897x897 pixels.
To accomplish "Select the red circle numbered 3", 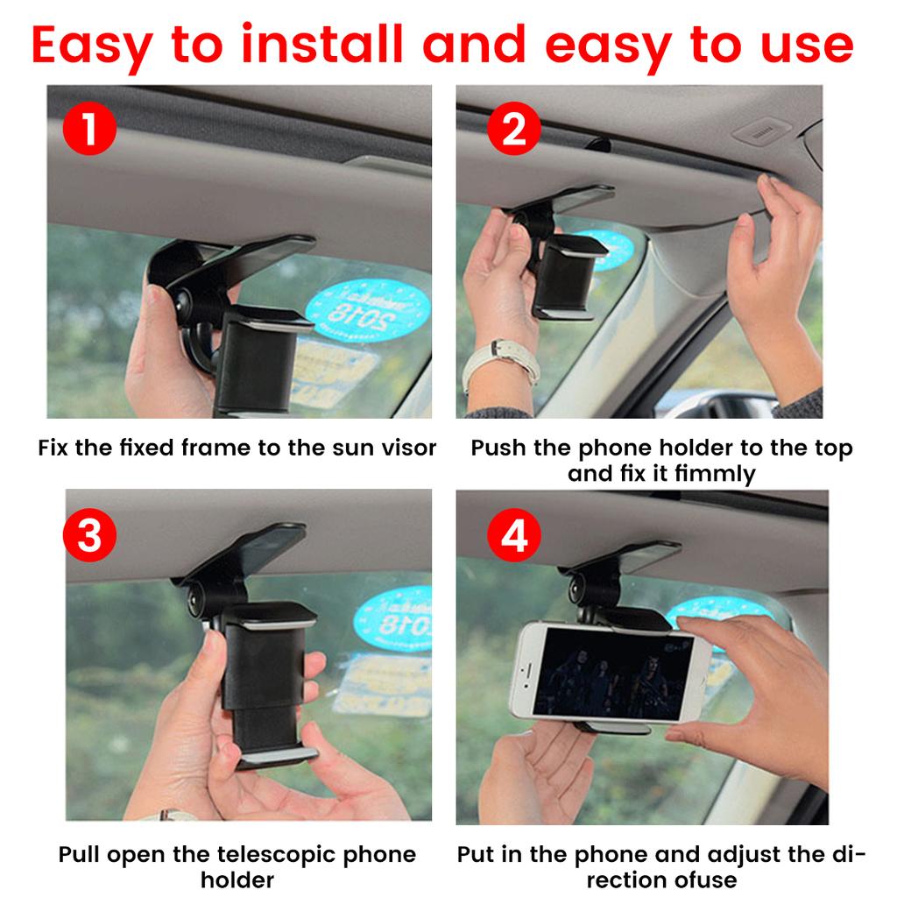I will click(x=89, y=536).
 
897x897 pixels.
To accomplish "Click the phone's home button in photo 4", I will click(x=522, y=672).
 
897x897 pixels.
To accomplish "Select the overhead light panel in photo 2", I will click(x=762, y=132).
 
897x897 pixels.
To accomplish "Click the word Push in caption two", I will click(x=498, y=448).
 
